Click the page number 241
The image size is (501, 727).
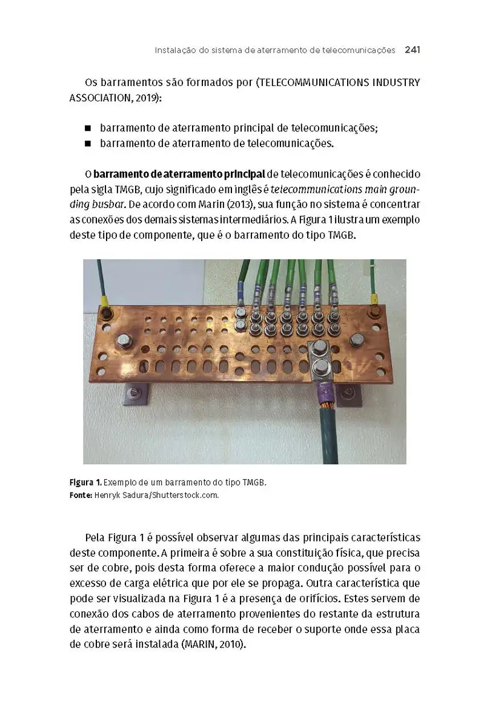point(412,50)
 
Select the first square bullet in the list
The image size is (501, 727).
point(88,128)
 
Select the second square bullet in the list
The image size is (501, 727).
point(88,144)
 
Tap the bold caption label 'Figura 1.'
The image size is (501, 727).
point(85,483)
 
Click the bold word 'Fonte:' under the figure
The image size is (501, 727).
point(81,495)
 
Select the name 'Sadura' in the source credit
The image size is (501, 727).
point(138,495)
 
